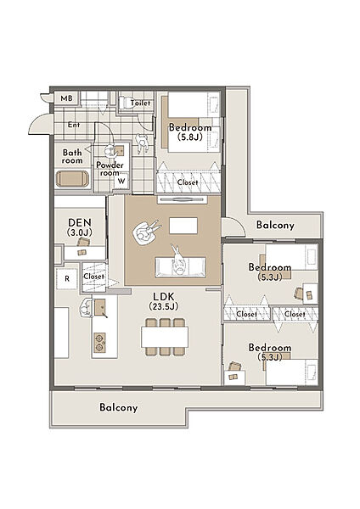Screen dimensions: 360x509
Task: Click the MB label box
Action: point(67,98)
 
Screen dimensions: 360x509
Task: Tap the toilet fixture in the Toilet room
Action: point(125,103)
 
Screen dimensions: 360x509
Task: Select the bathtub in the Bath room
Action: point(72,179)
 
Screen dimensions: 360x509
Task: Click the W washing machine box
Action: point(121,181)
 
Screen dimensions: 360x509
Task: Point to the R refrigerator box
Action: point(67,278)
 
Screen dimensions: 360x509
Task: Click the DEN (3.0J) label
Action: point(80,227)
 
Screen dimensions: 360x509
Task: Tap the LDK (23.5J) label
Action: point(164,301)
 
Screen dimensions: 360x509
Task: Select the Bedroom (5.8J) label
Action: point(190,131)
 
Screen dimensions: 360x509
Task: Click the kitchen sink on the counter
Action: point(100,307)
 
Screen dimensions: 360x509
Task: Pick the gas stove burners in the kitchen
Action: point(99,343)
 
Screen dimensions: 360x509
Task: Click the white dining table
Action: point(165,337)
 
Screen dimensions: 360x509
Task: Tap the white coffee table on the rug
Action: point(183,226)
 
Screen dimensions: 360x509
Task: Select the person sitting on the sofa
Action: point(177,261)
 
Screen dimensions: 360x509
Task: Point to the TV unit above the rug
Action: point(182,199)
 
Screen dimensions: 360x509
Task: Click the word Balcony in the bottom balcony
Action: point(119,407)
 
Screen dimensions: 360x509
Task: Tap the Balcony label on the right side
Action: point(275,225)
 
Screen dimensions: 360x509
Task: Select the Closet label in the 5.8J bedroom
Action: point(188,182)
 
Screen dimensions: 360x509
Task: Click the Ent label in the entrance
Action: point(74,125)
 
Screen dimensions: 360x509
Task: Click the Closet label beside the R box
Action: point(94,277)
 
